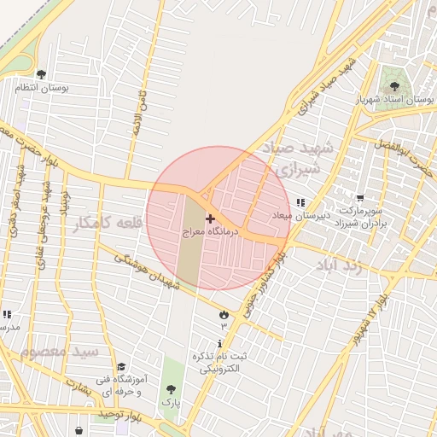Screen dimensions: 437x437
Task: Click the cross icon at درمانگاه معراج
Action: pos(211,219)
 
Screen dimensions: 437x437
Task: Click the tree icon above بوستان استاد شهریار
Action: pos(394,86)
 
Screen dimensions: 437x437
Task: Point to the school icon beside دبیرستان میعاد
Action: pos(300,202)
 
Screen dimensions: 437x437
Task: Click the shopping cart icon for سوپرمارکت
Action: pos(359,197)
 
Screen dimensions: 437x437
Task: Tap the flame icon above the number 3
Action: pos(224,313)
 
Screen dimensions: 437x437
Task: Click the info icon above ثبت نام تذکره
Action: pos(221,342)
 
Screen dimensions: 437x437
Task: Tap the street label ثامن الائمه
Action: pos(143,116)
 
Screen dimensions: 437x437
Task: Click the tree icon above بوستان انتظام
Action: pos(42,75)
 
